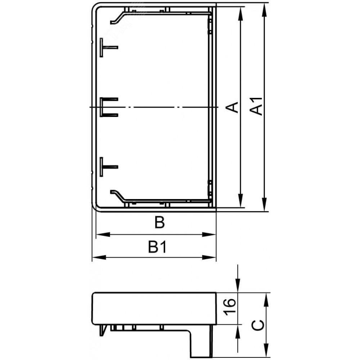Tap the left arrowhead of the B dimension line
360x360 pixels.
pyautogui.click(x=103, y=235)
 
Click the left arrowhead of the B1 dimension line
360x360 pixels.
pyautogui.click(x=99, y=257)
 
